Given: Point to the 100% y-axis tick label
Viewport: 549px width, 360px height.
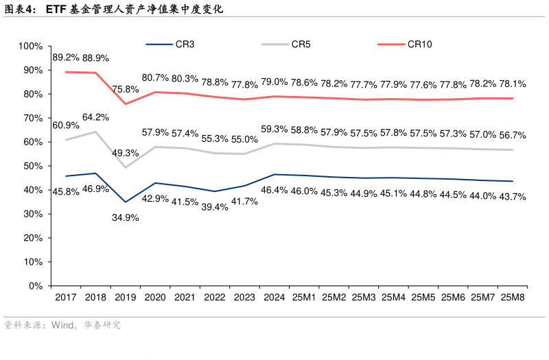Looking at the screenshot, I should click(31, 46).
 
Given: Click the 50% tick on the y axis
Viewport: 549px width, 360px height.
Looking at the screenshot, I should click(33, 166).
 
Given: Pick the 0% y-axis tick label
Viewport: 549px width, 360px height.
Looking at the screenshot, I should click(36, 286).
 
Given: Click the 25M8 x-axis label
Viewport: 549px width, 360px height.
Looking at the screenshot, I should click(513, 298).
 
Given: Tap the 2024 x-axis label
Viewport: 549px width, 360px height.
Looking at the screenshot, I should click(274, 298).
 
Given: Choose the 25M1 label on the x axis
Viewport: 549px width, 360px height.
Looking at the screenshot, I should click(304, 298).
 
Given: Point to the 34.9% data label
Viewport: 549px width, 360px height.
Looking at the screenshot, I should click(125, 217).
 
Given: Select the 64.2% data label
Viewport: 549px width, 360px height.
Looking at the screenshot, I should click(95, 117).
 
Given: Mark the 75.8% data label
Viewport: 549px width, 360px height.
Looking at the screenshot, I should click(126, 88).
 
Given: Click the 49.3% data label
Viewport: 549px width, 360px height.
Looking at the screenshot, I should click(126, 153).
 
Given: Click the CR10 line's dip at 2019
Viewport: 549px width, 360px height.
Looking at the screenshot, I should click(125, 104).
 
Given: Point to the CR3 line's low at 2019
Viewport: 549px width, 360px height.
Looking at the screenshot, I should click(125, 202).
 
